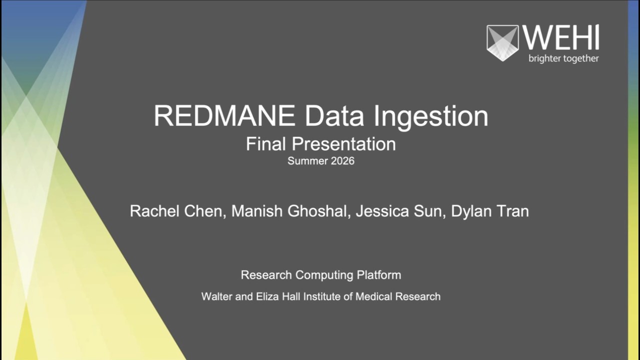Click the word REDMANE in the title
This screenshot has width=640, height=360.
224,116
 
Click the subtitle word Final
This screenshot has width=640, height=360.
266,144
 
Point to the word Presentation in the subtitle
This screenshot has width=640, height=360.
344,144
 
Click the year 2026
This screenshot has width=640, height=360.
342,161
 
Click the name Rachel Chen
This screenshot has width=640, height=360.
175,211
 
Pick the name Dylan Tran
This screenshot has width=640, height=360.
490,211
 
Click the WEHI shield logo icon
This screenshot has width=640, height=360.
502,42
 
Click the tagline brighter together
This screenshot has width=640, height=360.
563,58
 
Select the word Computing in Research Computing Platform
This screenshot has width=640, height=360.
324,275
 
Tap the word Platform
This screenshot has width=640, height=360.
378,275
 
